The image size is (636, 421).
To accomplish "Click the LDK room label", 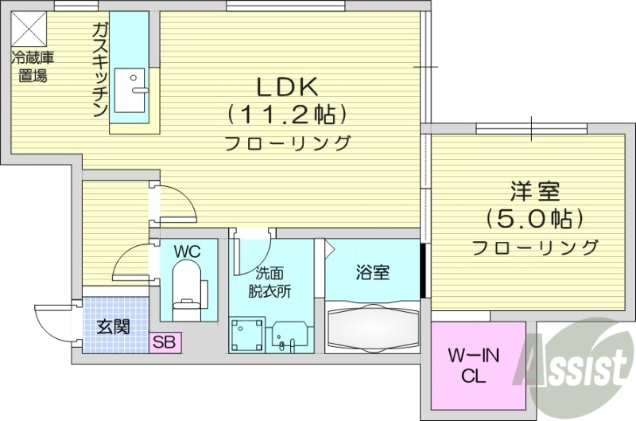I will (287, 85).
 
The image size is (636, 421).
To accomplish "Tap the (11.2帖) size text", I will (287, 115).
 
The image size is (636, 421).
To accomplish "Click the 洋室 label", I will (535, 191).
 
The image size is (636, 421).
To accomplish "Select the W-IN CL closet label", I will (475, 364).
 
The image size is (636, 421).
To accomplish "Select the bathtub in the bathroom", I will (371, 328).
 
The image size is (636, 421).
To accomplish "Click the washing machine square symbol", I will (246, 335).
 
